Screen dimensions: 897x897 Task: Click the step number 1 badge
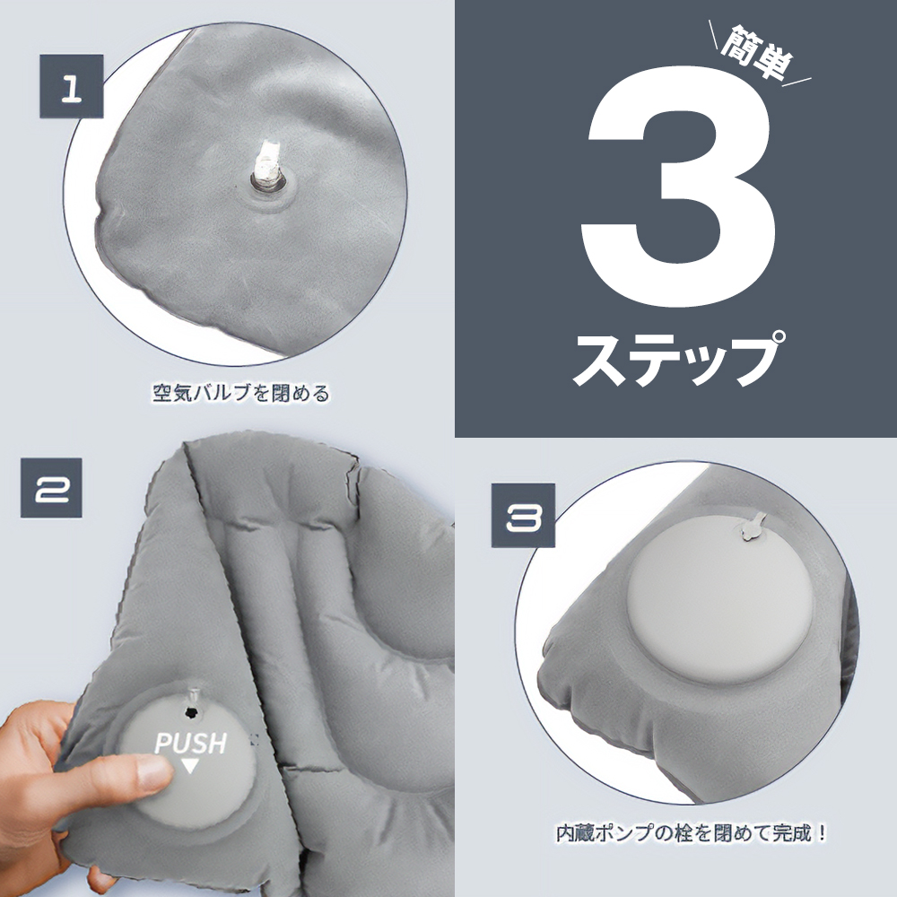pos(71,86)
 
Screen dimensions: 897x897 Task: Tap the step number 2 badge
pos(51,488)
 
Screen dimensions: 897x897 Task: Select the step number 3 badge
pos(524,516)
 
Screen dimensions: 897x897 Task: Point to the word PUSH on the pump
pos(191,743)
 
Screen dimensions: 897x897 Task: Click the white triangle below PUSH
pos(190,766)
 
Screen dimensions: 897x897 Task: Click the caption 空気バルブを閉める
pos(240,393)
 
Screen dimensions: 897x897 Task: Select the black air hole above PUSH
pos(190,712)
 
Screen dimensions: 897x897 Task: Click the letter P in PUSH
pos(163,744)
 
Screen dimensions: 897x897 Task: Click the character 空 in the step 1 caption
pos(162,393)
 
